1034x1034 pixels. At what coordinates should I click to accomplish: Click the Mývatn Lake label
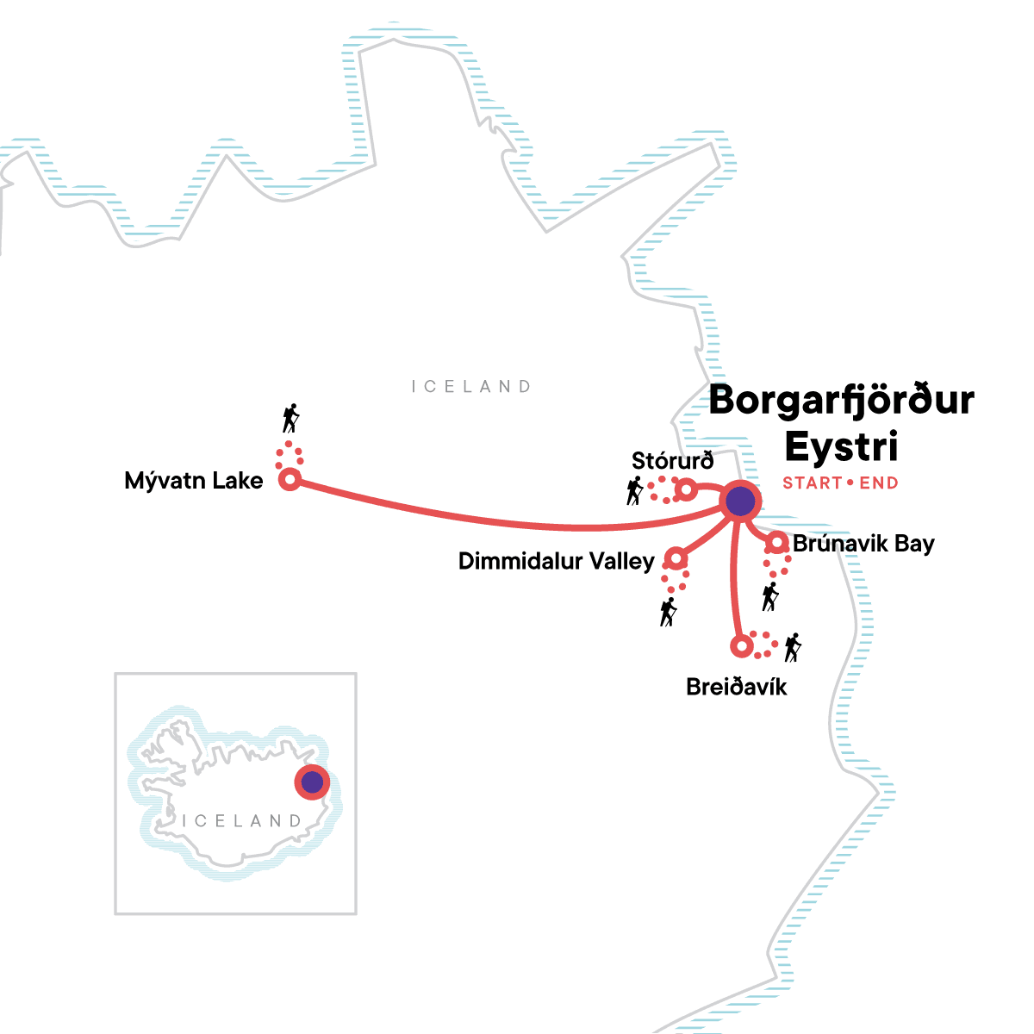pyautogui.click(x=194, y=481)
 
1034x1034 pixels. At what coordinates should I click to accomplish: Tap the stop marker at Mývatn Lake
pyautogui.click(x=290, y=479)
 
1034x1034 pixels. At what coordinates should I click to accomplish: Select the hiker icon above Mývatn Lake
pyautogui.click(x=291, y=418)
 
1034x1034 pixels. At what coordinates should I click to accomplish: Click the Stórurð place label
pyautogui.click(x=672, y=461)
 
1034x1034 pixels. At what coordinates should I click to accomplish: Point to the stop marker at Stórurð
pyautogui.click(x=686, y=490)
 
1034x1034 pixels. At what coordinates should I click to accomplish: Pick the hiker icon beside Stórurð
pyautogui.click(x=635, y=491)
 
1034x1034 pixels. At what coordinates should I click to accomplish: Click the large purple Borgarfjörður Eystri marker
pyautogui.click(x=740, y=501)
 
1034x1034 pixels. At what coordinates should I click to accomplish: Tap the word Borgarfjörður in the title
pyautogui.click(x=841, y=401)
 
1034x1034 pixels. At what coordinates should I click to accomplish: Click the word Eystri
pyautogui.click(x=841, y=446)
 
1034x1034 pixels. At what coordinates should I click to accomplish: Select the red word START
pyautogui.click(x=811, y=483)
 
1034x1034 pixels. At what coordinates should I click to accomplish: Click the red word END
pyautogui.click(x=879, y=483)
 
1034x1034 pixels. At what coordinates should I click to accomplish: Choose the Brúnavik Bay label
pyautogui.click(x=863, y=544)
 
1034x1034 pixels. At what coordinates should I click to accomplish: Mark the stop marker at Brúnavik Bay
pyautogui.click(x=777, y=543)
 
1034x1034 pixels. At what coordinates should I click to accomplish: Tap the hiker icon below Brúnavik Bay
pyautogui.click(x=770, y=596)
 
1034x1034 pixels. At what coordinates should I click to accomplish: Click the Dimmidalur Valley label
pyautogui.click(x=557, y=562)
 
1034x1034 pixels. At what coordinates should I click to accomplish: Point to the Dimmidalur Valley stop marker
pyautogui.click(x=676, y=559)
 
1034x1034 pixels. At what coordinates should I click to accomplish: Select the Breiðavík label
pyautogui.click(x=737, y=687)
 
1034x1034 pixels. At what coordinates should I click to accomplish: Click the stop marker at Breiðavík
pyautogui.click(x=740, y=645)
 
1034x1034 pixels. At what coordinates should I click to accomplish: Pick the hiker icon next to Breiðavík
pyautogui.click(x=793, y=647)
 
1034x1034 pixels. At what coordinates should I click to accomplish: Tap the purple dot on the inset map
pyautogui.click(x=312, y=782)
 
